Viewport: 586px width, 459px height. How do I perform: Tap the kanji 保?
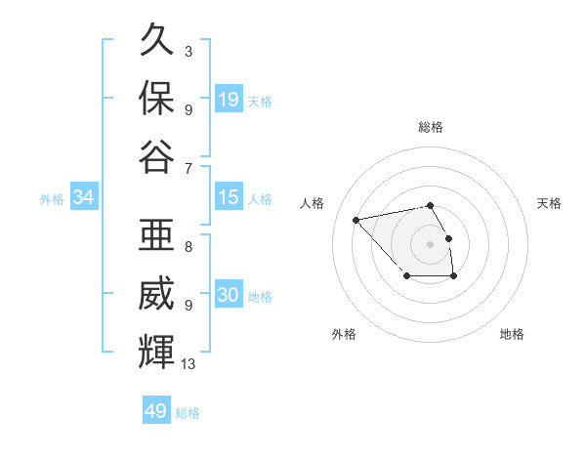[156, 99]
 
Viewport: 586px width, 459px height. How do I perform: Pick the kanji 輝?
[156, 351]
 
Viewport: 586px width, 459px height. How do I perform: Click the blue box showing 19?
[229, 100]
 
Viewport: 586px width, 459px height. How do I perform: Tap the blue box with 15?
[229, 197]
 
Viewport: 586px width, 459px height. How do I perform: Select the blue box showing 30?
[229, 295]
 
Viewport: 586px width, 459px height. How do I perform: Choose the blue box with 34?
[84, 197]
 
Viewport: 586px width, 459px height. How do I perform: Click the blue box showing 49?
[156, 411]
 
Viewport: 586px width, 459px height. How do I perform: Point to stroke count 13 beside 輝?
[188, 364]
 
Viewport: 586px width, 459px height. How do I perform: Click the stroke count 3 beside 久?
[188, 50]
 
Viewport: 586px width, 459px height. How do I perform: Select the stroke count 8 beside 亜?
[188, 247]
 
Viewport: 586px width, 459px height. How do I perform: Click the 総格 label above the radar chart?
[431, 127]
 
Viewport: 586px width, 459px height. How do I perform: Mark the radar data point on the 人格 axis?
[356, 219]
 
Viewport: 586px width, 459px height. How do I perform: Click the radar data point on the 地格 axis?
[454, 277]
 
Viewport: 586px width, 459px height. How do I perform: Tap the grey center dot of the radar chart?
[431, 243]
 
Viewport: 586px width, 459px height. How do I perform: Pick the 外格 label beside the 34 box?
[52, 198]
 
